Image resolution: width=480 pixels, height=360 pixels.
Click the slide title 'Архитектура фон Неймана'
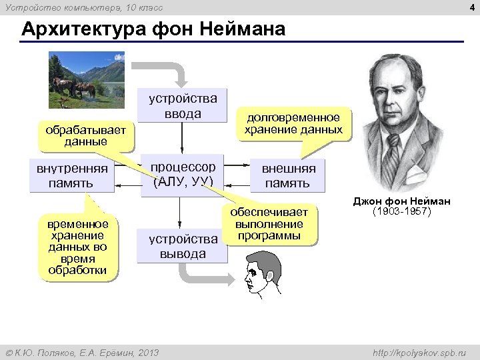(153, 30)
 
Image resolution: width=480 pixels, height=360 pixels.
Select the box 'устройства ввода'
(182, 107)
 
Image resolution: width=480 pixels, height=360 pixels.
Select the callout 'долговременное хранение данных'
(293, 123)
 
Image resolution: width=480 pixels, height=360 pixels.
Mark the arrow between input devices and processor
(182, 140)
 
